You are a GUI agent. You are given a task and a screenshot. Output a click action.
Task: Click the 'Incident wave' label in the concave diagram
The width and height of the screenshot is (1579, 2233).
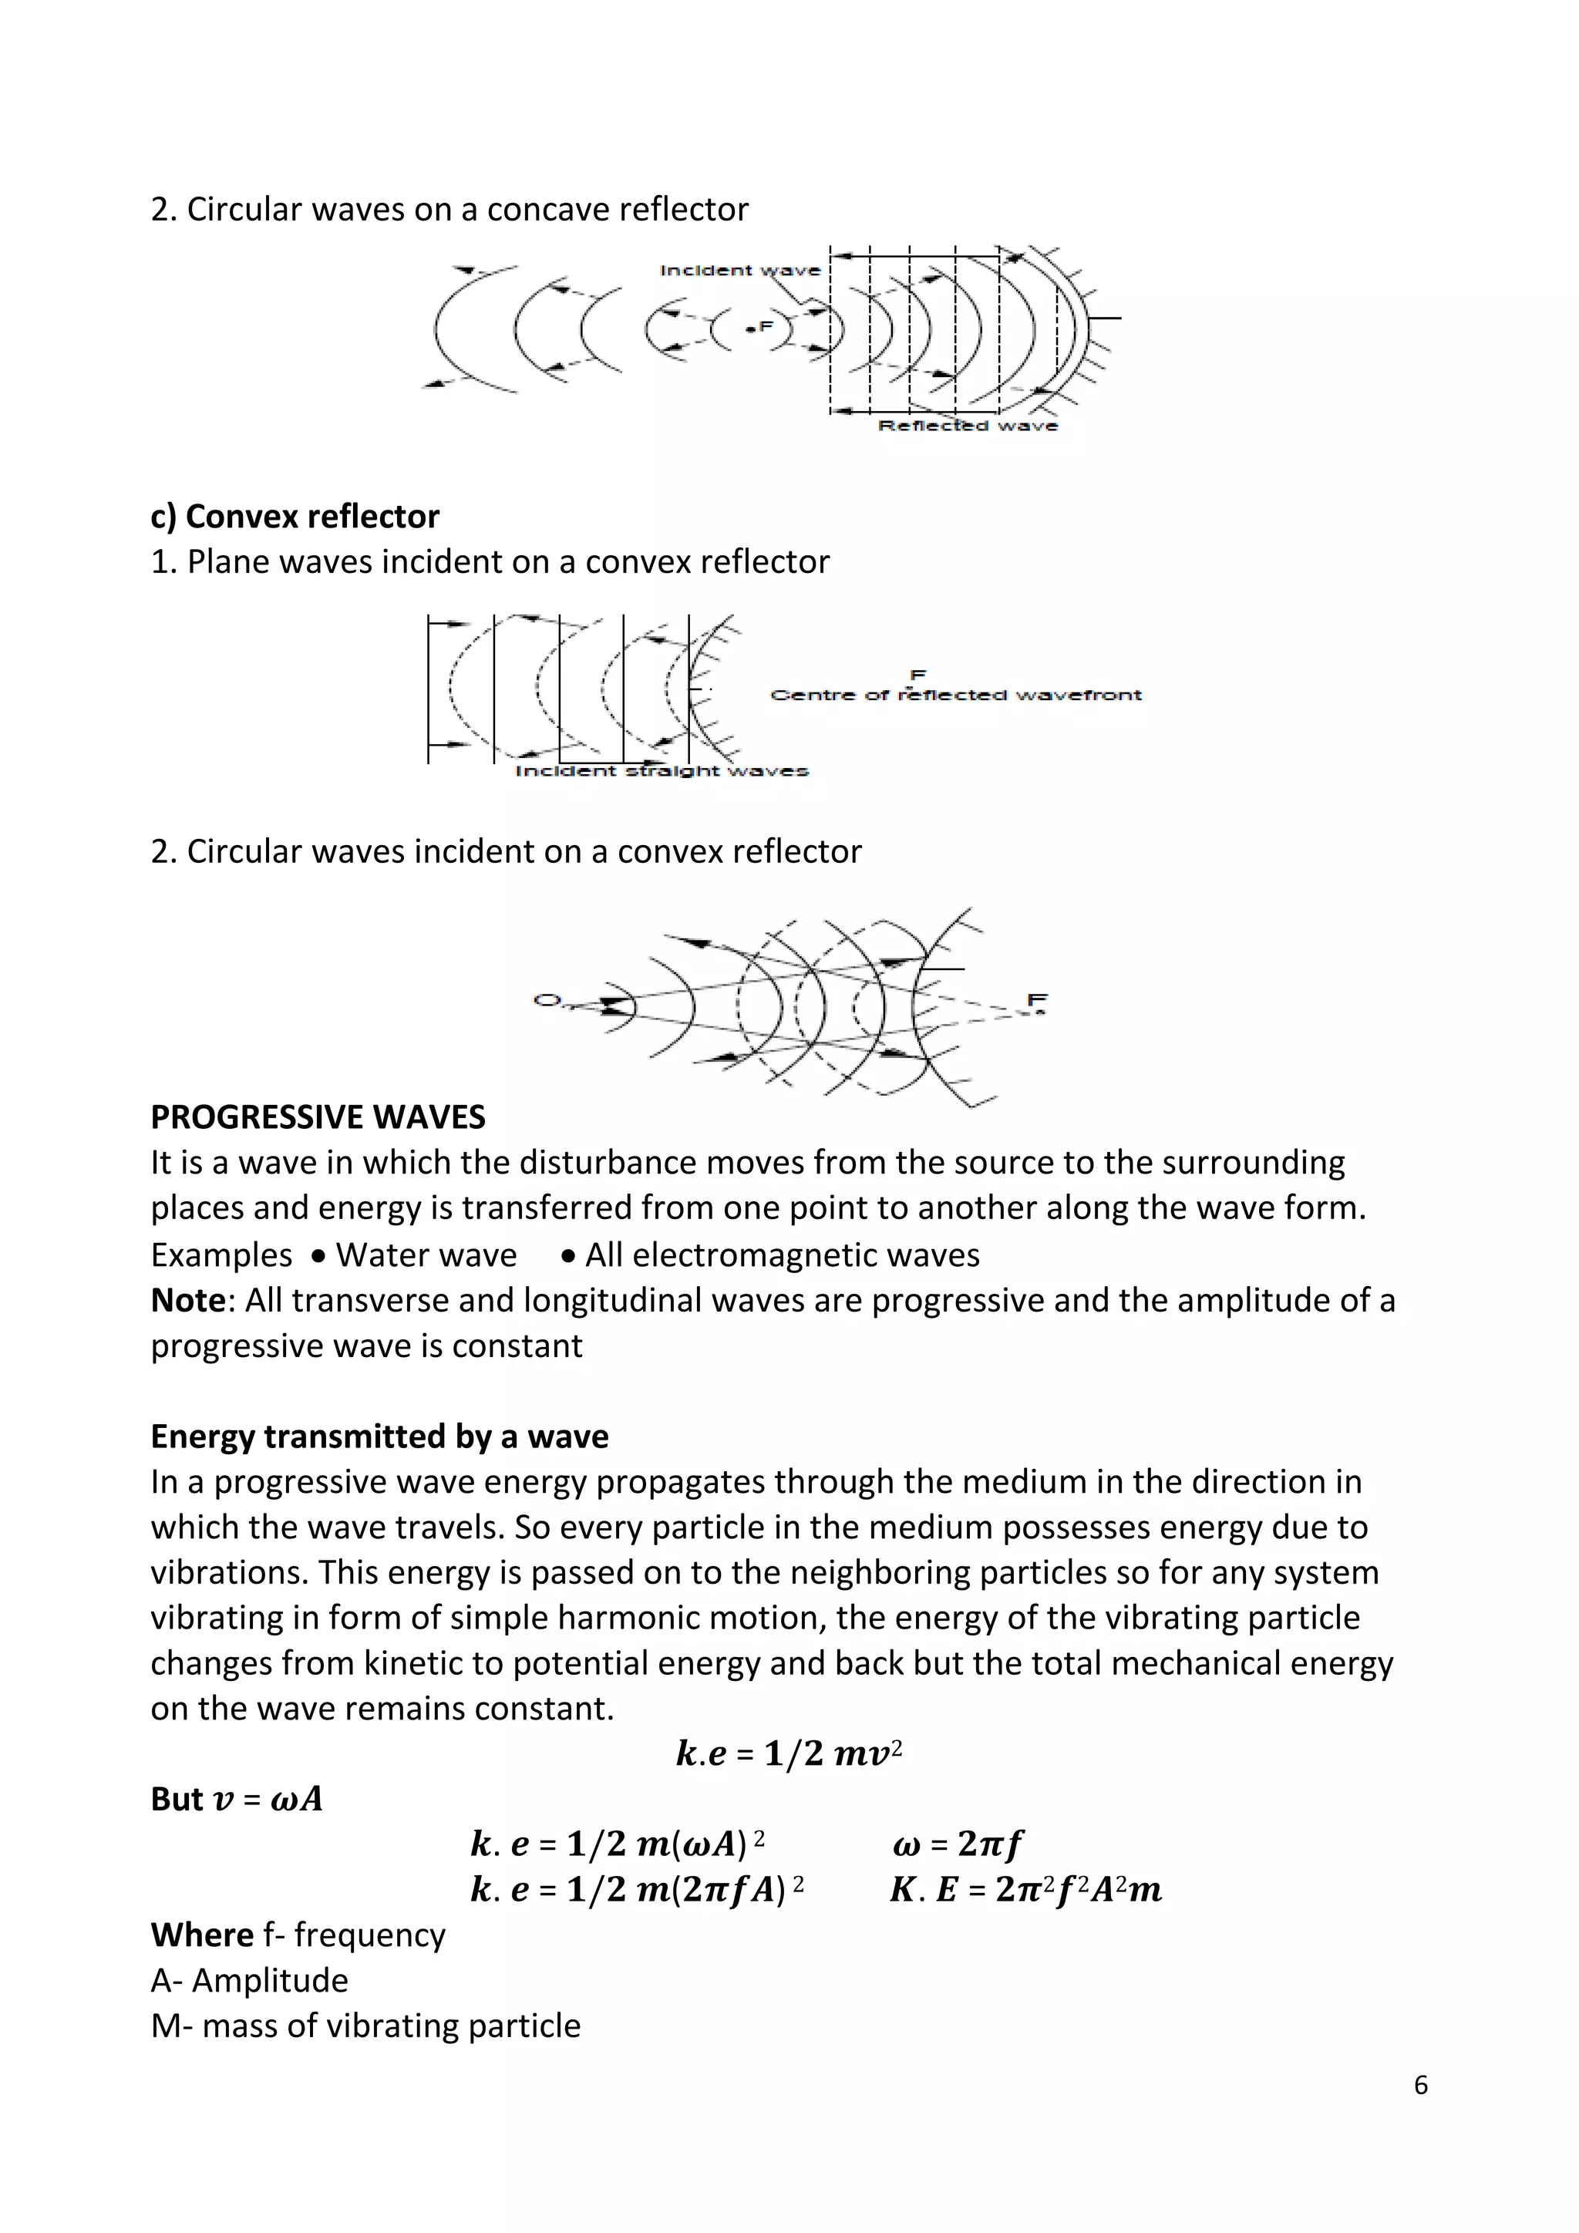click(x=740, y=271)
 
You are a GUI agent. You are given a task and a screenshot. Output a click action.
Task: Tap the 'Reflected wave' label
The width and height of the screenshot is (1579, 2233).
click(x=968, y=426)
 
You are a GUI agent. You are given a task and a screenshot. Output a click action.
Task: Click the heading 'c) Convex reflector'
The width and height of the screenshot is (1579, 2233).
click(x=295, y=517)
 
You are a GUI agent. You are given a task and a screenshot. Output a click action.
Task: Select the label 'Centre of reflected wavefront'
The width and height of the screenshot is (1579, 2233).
click(x=956, y=695)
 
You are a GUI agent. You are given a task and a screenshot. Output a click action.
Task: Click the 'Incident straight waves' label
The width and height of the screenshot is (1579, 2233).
click(x=662, y=771)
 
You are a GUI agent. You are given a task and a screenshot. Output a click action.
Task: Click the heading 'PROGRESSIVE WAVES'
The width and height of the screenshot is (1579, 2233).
click(x=318, y=1116)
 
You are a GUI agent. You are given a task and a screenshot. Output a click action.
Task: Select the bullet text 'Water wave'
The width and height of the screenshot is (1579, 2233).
click(x=426, y=1255)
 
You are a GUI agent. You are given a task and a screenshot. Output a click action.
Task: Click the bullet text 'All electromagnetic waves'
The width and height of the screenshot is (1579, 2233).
click(x=782, y=1255)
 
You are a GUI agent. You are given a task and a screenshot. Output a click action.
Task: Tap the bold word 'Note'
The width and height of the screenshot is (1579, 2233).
click(x=187, y=1300)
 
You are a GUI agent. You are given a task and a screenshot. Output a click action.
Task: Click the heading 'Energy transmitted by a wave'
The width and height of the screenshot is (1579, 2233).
click(x=379, y=1436)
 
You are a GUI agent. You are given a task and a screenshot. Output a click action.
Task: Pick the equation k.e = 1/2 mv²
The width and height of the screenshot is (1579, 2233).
click(x=789, y=1753)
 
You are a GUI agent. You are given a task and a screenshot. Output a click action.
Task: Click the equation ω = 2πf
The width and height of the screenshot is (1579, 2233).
click(x=957, y=1843)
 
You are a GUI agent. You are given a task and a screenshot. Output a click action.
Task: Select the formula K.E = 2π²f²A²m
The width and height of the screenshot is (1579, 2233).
click(x=1025, y=1890)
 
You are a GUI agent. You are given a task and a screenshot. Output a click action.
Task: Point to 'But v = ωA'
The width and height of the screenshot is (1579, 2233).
click(x=236, y=1799)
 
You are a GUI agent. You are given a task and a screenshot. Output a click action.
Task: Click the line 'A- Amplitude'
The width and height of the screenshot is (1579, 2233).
click(x=249, y=1980)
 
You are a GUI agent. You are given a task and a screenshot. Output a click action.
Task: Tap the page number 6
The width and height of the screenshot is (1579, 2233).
click(x=1420, y=2084)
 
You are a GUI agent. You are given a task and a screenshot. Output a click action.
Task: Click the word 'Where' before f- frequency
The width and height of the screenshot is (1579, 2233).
click(x=201, y=1935)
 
